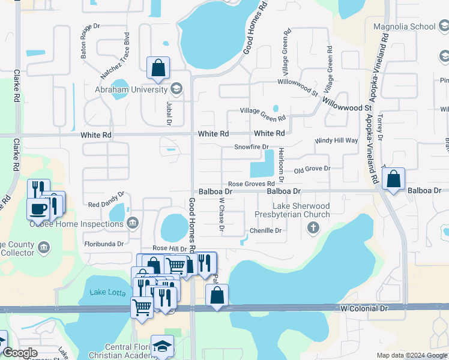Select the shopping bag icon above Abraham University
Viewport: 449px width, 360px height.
pos(158,68)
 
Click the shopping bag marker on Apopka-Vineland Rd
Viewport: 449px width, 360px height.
pos(393,178)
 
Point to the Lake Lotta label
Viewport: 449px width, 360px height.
pos(106,292)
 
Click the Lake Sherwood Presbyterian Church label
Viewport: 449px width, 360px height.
pos(292,210)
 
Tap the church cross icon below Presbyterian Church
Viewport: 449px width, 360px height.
pos(312,227)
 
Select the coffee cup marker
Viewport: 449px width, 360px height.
pos(39,209)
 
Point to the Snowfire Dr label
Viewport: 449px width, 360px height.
pos(251,146)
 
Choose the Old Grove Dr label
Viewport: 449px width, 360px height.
pos(312,169)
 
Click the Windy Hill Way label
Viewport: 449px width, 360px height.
pos(336,140)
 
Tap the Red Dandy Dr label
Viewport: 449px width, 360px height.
pos(106,204)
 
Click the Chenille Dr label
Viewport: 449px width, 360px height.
pos(265,230)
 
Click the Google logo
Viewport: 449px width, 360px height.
pos(19,353)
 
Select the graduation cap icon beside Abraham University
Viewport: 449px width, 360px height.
pos(176,89)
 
